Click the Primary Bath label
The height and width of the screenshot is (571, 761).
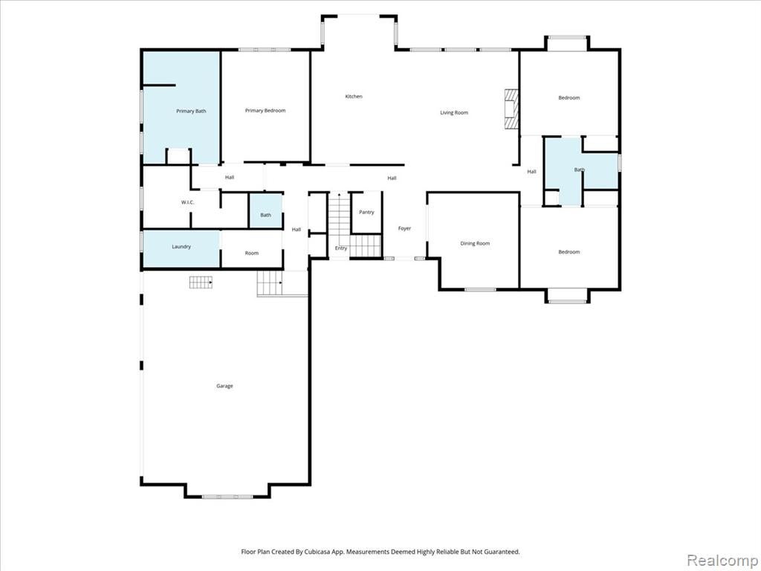tap(191, 112)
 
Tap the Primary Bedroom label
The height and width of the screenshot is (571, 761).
tap(265, 111)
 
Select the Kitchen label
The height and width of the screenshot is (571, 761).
tap(354, 97)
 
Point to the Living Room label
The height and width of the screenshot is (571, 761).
tap(454, 113)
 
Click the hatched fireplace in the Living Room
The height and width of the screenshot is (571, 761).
tap(511, 109)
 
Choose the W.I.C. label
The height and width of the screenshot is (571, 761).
tap(188, 202)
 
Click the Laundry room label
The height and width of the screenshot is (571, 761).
tap(181, 247)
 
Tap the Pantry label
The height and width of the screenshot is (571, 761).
tap(366, 212)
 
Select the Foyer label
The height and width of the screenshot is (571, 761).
tap(404, 228)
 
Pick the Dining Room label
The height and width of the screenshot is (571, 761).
tap(475, 243)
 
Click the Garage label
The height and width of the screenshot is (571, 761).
tap(224, 386)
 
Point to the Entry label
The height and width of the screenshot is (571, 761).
tap(341, 248)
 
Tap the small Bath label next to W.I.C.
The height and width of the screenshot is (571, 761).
tap(265, 215)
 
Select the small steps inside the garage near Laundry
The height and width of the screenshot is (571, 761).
tap(201, 282)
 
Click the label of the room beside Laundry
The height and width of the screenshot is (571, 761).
tap(252, 253)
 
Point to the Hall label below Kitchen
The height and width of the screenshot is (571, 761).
tap(392, 178)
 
